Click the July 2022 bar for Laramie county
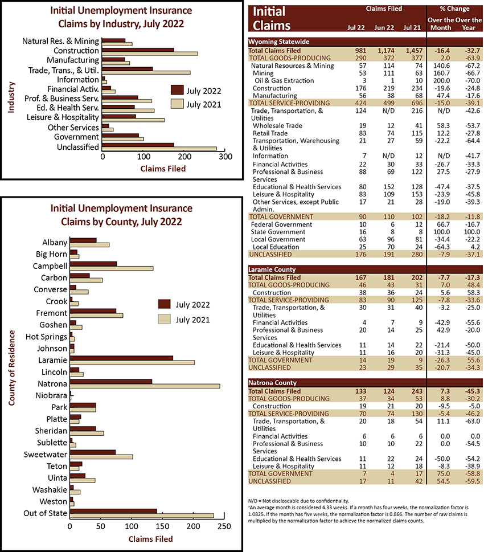pyautogui.click(x=121, y=358)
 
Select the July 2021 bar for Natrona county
pyautogui.click(x=145, y=386)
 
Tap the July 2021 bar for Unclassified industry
pyautogui.click(x=159, y=149)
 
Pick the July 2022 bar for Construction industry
pyautogui.click(x=138, y=50)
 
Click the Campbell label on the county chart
pyautogui.click(x=50, y=266)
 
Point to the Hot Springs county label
pyautogui.click(x=46, y=337)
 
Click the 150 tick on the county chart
pyautogui.click(x=162, y=526)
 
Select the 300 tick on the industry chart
pyautogui.click(x=225, y=157)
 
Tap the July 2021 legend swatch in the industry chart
pyautogui.click(x=177, y=104)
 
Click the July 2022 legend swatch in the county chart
pyautogui.click(x=165, y=304)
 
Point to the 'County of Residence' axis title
pyautogui.click(x=12, y=368)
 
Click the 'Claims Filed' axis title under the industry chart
pyautogui.click(x=163, y=169)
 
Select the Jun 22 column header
pyautogui.click(x=384, y=28)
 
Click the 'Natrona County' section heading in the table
pyautogui.click(x=272, y=383)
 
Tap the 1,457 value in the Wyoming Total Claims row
pyautogui.click(x=414, y=51)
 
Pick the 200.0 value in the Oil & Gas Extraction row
pyautogui.click(x=441, y=81)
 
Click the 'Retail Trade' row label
pyautogui.click(x=270, y=133)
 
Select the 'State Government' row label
pyautogui.click(x=278, y=232)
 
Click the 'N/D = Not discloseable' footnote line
pyautogui.click(x=298, y=501)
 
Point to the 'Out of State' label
pyautogui.click(x=45, y=513)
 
